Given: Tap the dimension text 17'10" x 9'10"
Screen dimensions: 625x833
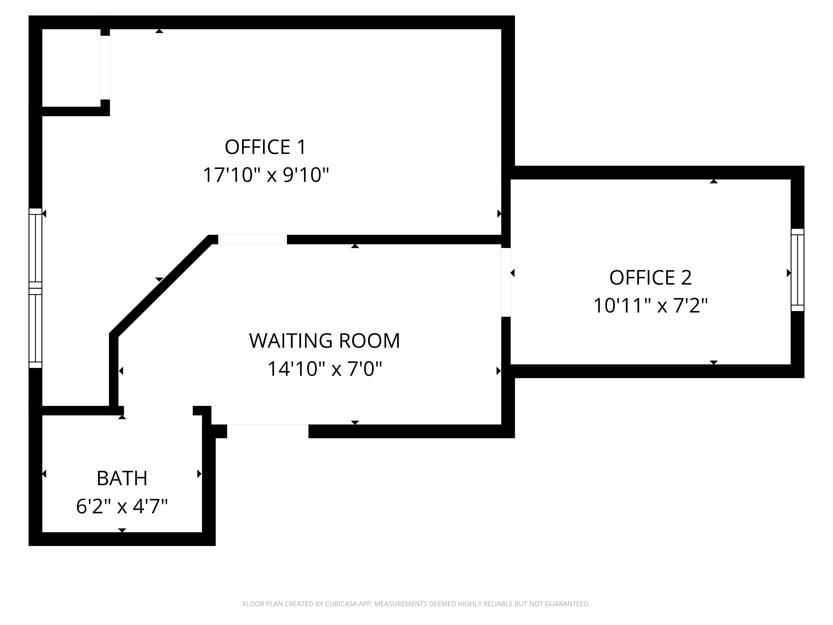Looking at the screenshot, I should [x=266, y=175].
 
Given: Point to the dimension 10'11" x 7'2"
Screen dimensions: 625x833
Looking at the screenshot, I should [x=650, y=306].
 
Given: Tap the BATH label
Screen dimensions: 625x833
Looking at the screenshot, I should [x=122, y=479].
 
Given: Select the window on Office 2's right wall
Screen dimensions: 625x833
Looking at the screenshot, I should [x=797, y=270].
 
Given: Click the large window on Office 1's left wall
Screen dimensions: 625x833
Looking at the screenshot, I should [x=35, y=288].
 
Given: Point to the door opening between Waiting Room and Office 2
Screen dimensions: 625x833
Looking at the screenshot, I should [x=506, y=282].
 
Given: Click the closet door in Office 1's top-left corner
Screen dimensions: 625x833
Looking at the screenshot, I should [x=105, y=67].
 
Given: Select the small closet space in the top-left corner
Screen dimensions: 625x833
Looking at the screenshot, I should [x=71, y=68].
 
